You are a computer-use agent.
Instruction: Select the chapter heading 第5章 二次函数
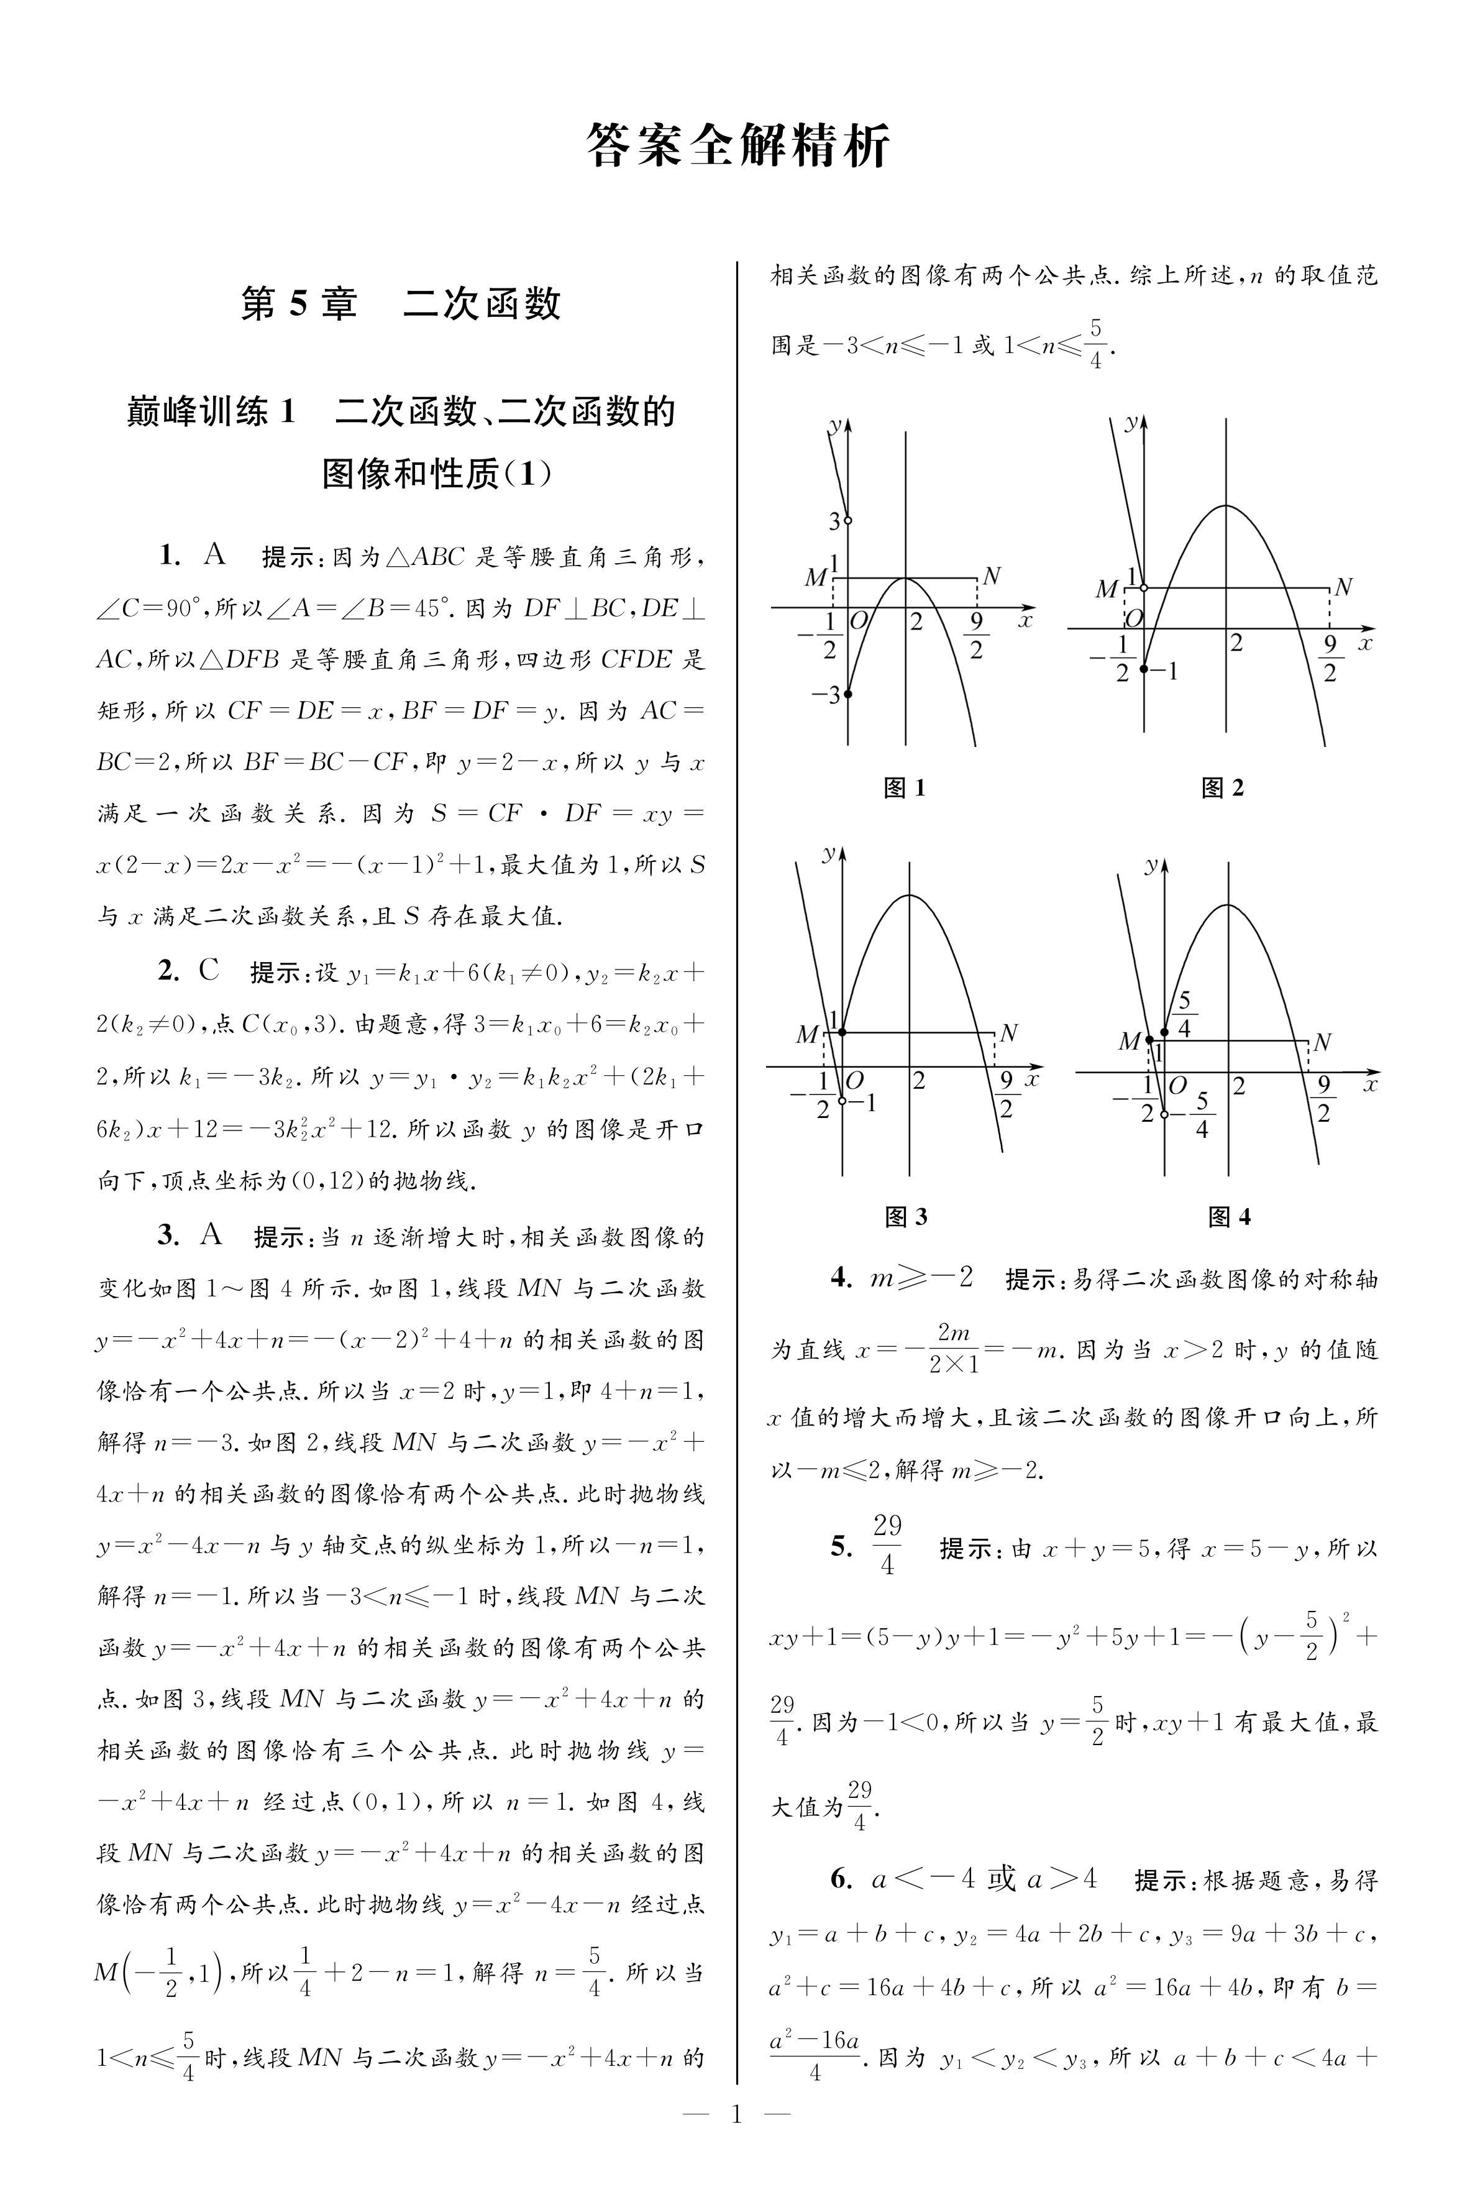click(x=401, y=304)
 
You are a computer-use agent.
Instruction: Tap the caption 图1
click(x=904, y=788)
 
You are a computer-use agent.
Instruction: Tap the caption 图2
click(x=1222, y=788)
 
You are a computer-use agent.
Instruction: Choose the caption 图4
click(x=1228, y=1217)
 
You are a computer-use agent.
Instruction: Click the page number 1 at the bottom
click(x=736, y=2141)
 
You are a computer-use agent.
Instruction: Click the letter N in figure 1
click(x=990, y=575)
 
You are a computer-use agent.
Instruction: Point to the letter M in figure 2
click(x=1106, y=590)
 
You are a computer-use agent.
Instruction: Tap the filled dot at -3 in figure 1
click(x=847, y=694)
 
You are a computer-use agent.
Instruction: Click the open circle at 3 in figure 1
click(x=847, y=520)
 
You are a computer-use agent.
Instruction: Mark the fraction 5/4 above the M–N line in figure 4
click(x=1184, y=1014)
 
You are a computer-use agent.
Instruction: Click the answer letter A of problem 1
click(x=214, y=555)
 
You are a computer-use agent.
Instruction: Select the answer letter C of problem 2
click(x=209, y=971)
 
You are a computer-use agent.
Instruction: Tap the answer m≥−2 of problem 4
click(x=921, y=1277)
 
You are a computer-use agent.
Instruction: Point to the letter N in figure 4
click(x=1322, y=1042)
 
